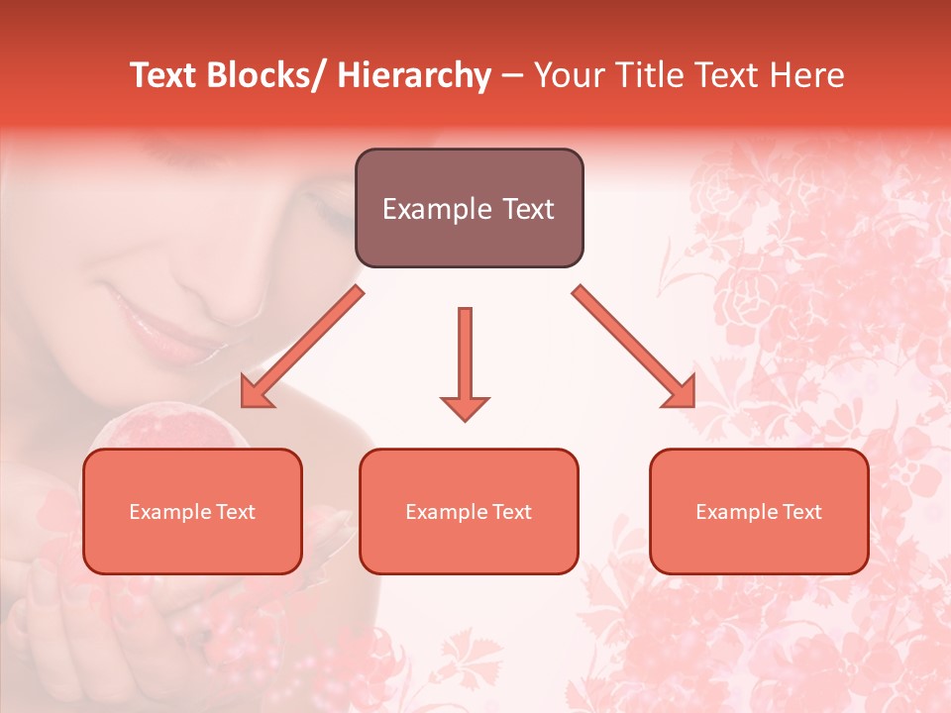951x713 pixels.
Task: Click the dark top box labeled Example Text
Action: (x=469, y=208)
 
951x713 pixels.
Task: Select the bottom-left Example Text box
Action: (x=192, y=511)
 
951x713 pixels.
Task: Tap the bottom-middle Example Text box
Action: (x=469, y=511)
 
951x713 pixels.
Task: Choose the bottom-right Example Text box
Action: (x=759, y=511)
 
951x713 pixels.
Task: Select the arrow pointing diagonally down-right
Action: (x=634, y=348)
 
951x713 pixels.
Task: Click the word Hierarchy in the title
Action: (x=414, y=75)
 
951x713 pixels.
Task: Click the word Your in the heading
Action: (x=567, y=75)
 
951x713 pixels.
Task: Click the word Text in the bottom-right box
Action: (x=801, y=511)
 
